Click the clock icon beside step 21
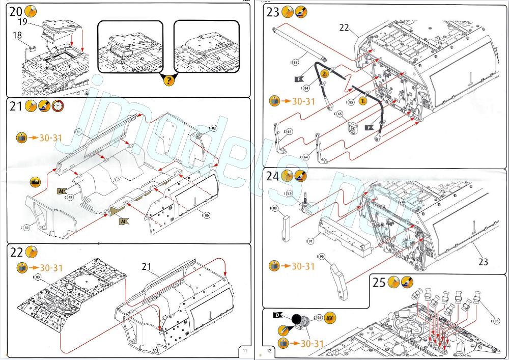(58, 106)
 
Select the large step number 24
(273, 177)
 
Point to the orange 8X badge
(330, 318)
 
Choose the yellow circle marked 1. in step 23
(362, 100)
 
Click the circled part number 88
(295, 62)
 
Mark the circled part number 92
(288, 193)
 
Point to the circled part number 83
(37, 276)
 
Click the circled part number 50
(25, 226)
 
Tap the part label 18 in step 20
(18, 35)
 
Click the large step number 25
(378, 283)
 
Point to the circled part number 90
(321, 256)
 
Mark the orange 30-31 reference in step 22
(51, 268)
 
